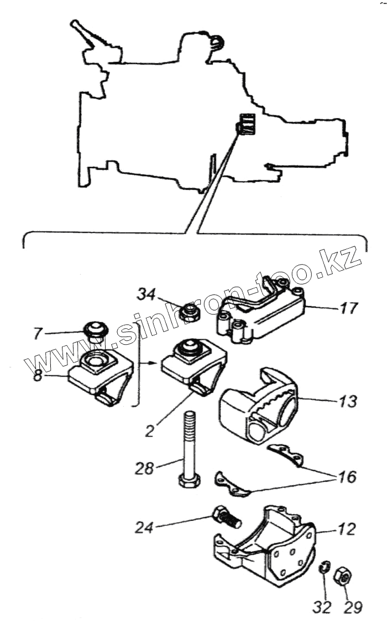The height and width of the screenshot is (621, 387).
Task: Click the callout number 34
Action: tap(147, 294)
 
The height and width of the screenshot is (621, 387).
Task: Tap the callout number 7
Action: tap(38, 333)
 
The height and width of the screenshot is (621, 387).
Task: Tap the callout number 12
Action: tap(347, 531)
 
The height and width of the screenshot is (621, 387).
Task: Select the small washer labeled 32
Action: tap(325, 566)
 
